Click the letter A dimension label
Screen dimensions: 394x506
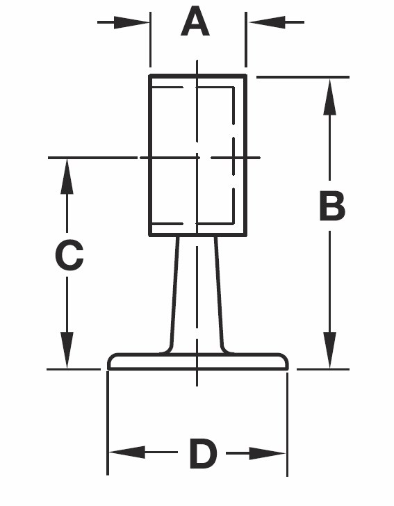coord(195,22)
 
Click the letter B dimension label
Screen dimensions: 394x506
coord(332,206)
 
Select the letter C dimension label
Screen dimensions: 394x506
coord(69,255)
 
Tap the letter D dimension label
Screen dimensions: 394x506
coord(203,453)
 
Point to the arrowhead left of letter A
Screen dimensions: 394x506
coord(131,22)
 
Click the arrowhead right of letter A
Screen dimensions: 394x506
coord(266,22)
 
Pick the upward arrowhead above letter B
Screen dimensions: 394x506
coord(329,97)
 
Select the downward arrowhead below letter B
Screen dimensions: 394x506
coord(329,350)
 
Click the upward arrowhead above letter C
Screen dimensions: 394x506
coord(67,177)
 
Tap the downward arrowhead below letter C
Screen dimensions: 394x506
coord(67,350)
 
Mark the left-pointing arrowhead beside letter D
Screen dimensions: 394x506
coord(127,452)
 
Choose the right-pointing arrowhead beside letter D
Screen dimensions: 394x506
coord(268,453)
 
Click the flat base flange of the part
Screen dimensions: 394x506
coord(197,361)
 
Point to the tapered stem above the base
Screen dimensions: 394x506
coord(197,294)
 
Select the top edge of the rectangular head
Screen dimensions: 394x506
coord(198,76)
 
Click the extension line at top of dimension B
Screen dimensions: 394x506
coord(303,77)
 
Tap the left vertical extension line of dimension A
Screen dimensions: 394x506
coord(150,40)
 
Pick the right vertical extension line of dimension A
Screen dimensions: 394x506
coord(246,40)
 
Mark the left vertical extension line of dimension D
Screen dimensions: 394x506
coord(108,423)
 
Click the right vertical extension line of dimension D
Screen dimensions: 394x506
coord(287,424)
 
